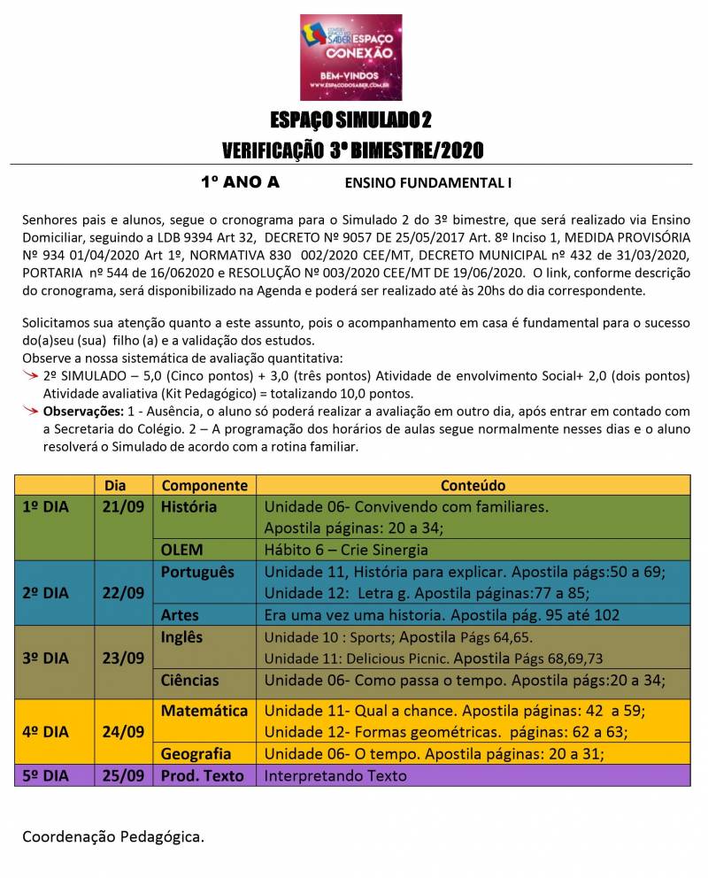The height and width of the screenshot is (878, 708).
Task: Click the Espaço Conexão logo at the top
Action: coord(351,57)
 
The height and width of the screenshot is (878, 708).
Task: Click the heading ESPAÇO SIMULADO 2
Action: coord(351,120)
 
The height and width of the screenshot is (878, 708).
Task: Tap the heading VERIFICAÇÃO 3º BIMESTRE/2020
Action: coord(352,150)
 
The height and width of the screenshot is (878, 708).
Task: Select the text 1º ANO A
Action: coord(240,183)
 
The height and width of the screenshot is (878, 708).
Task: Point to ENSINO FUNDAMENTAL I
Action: coord(428,184)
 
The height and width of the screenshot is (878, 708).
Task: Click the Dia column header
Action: coord(115,486)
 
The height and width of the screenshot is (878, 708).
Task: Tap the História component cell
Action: coord(189,507)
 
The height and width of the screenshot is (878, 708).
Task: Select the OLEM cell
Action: coord(181,550)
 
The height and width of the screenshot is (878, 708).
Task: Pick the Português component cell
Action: coord(197,572)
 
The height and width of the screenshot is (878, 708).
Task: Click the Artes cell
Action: coord(180,615)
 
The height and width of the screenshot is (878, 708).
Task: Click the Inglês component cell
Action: coord(181,637)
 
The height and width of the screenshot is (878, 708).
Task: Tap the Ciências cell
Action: coord(189,681)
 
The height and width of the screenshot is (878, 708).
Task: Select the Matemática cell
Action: coord(204,711)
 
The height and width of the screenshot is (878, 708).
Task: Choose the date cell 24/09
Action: coord(123,731)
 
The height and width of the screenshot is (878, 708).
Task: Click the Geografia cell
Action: coord(196,754)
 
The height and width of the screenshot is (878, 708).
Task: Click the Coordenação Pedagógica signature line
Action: coord(112,836)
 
